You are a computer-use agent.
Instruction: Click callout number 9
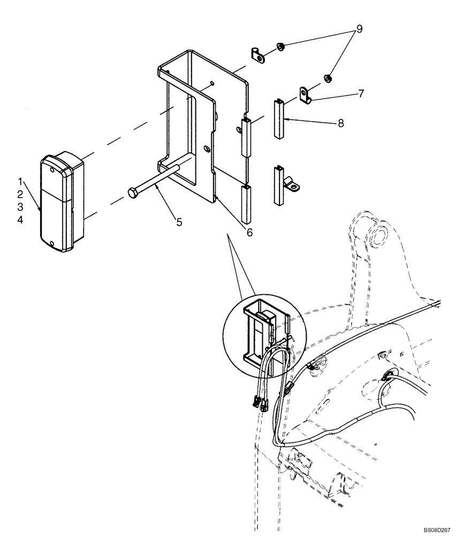pyautogui.click(x=359, y=29)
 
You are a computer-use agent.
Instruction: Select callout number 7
pyautogui.click(x=361, y=93)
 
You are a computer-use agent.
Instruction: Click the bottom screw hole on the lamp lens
pyautogui.click(x=51, y=244)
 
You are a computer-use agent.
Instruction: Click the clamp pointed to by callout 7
pyautogui.click(x=307, y=95)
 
